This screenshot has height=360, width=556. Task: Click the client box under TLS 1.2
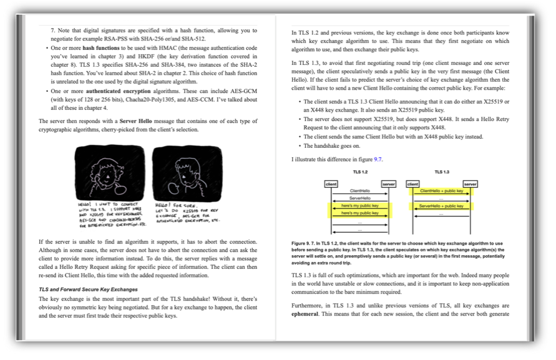click(x=331, y=184)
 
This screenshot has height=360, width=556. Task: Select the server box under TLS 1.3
click(x=471, y=184)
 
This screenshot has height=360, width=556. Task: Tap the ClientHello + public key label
click(x=442, y=191)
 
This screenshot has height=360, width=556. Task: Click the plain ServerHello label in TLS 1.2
click(x=360, y=198)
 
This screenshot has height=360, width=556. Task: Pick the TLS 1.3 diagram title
click(x=442, y=172)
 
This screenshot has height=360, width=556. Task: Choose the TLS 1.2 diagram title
click(x=360, y=172)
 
